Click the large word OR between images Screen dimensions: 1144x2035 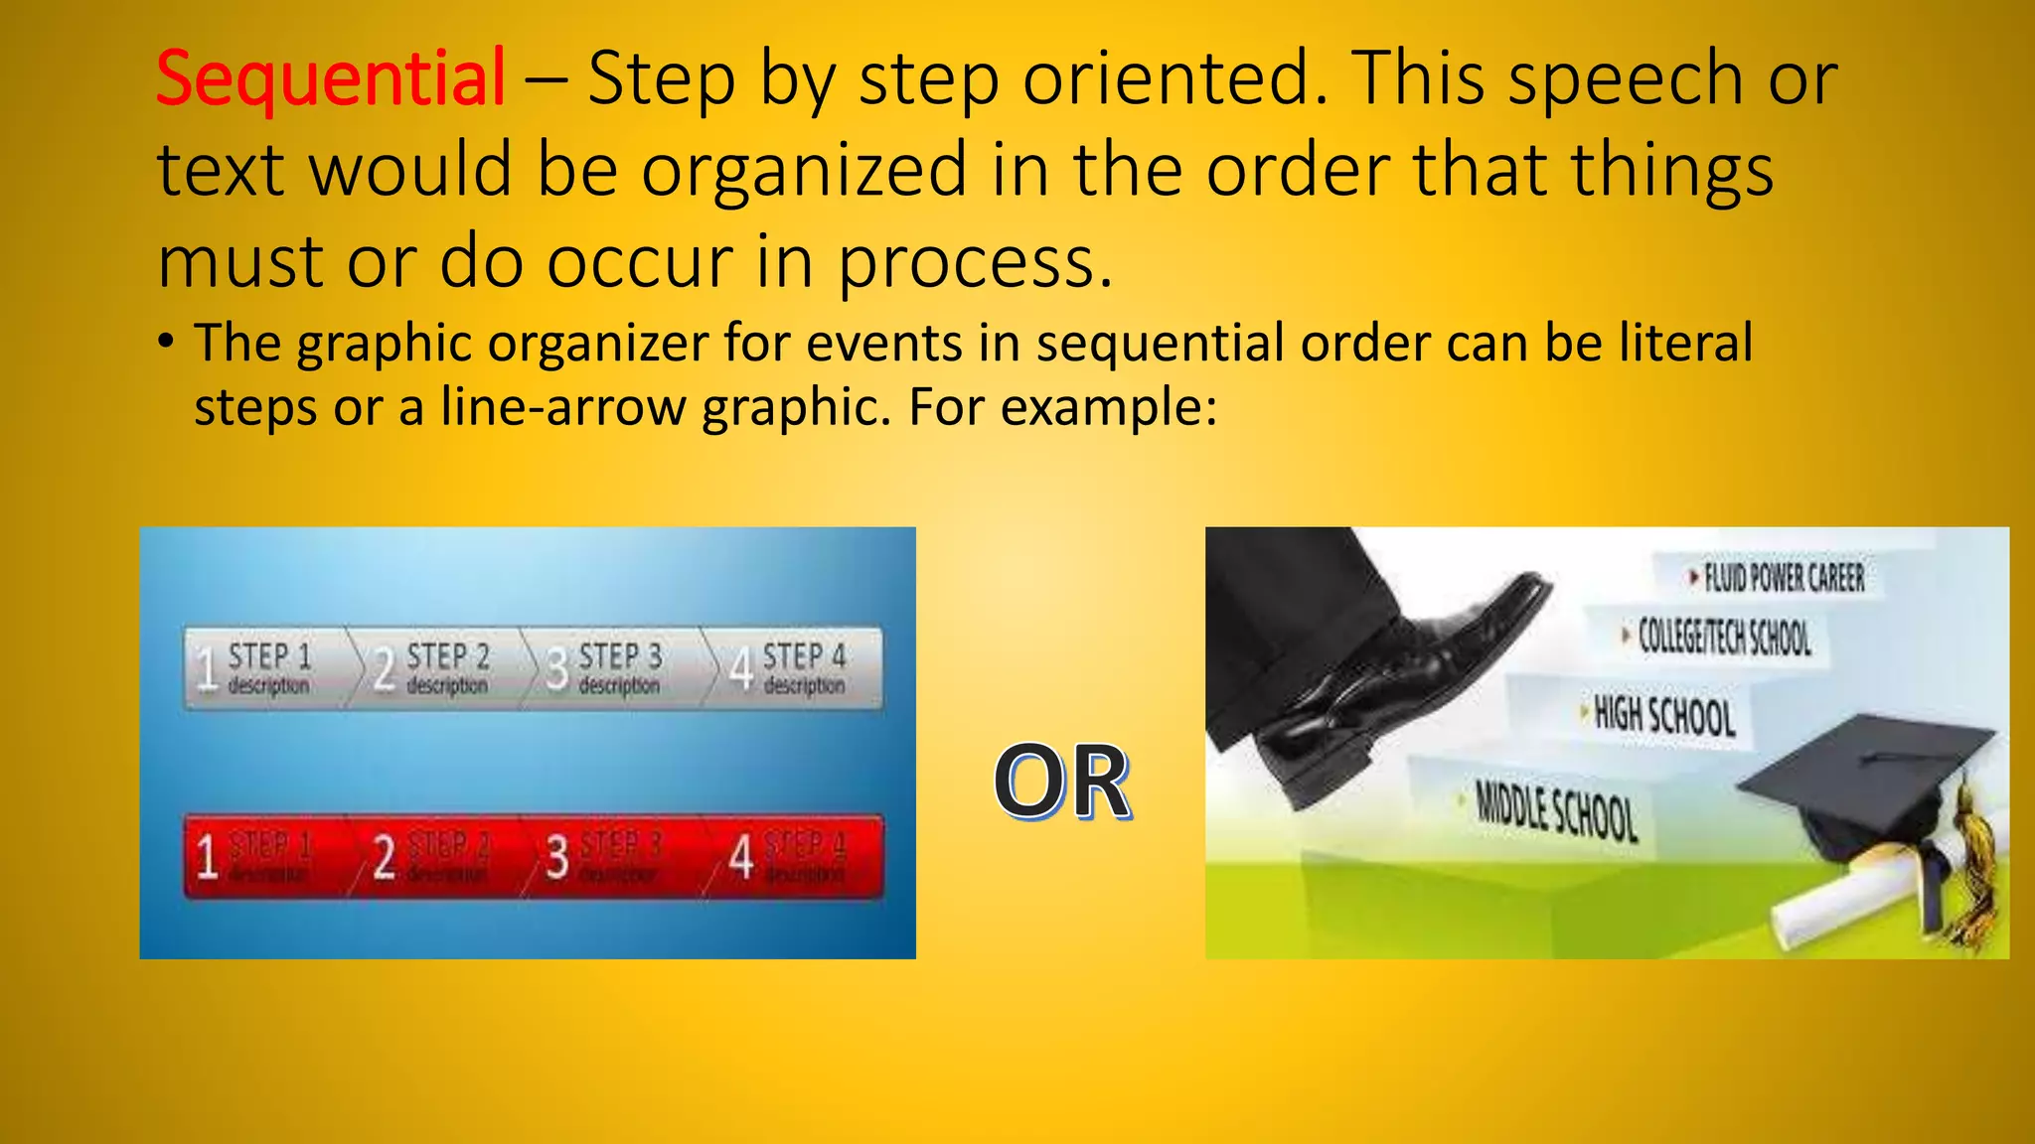pos(1061,783)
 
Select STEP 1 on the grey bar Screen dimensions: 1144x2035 pos(269,656)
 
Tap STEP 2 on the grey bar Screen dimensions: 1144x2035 pos(448,656)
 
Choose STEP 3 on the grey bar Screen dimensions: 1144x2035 pos(620,656)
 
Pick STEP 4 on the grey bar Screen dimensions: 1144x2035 pos(804,656)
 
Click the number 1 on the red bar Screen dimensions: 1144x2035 pos(207,857)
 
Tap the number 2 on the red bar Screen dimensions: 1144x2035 pos(385,857)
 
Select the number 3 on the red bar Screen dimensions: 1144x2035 pos(557,857)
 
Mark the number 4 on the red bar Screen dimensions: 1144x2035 pos(741,857)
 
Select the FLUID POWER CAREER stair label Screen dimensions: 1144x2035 pos(1784,577)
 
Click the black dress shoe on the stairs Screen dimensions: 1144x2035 pos(1411,685)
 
